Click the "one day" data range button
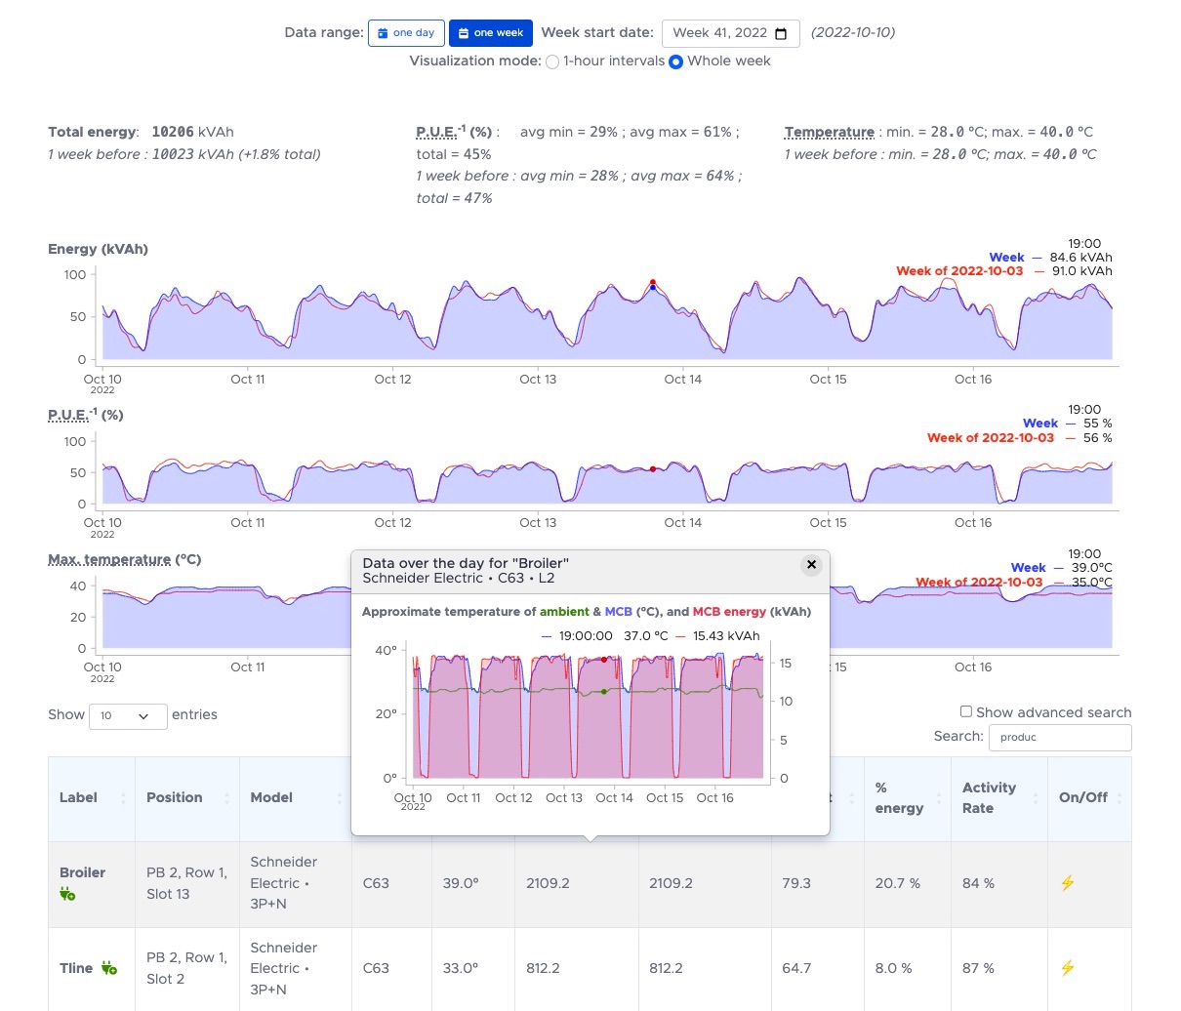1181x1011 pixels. [406, 33]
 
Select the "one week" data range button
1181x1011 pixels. [490, 33]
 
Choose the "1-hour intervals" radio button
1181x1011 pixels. [552, 61]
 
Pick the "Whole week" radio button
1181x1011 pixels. [675, 61]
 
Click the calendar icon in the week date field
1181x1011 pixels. [781, 33]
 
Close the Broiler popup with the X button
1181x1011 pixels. [810, 564]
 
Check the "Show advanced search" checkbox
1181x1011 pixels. [966, 711]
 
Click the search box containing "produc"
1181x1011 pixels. [1059, 737]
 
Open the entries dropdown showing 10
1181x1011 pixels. [127, 715]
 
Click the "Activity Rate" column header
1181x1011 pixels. [989, 797]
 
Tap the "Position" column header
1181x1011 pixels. [175, 797]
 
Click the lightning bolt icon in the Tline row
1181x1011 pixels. [1067, 968]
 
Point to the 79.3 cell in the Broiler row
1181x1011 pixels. [796, 883]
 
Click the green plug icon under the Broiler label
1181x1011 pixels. [67, 894]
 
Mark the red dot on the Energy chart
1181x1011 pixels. [653, 282]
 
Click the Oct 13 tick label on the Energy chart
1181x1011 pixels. [538, 380]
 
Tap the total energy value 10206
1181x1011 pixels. [173, 132]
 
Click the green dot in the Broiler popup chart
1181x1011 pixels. [604, 692]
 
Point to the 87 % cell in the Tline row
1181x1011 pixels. [978, 968]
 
